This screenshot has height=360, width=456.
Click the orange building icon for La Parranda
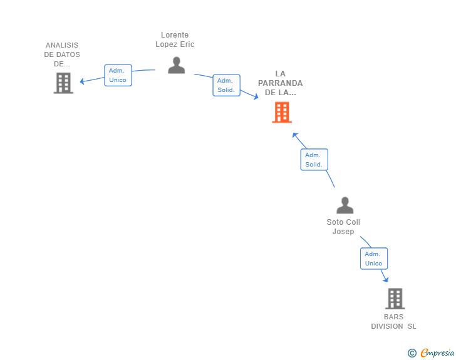[x=282, y=113]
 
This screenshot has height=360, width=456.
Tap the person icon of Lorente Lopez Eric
[x=177, y=65]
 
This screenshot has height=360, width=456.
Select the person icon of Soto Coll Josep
[x=345, y=205]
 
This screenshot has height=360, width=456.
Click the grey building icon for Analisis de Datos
[x=63, y=83]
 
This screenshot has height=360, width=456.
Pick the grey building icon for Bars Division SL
[x=395, y=299]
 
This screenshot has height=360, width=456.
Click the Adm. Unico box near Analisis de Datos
[x=118, y=75]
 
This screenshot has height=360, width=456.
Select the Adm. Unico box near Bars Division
[x=373, y=259]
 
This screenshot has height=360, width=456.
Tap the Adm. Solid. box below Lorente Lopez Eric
[x=226, y=85]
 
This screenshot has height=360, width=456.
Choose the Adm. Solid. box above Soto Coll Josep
[x=314, y=160]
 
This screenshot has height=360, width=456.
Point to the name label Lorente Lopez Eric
[x=175, y=40]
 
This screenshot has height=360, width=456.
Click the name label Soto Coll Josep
[x=343, y=227]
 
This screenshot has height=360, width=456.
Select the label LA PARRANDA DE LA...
[x=280, y=83]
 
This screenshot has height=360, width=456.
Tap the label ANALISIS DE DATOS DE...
[x=62, y=54]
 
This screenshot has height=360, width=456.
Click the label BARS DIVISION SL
[x=394, y=321]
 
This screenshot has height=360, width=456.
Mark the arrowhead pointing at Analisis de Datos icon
[x=82, y=81]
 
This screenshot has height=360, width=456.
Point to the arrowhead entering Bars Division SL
[x=386, y=279]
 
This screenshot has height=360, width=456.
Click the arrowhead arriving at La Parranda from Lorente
[x=255, y=96]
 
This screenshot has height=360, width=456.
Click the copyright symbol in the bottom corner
[x=412, y=353]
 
